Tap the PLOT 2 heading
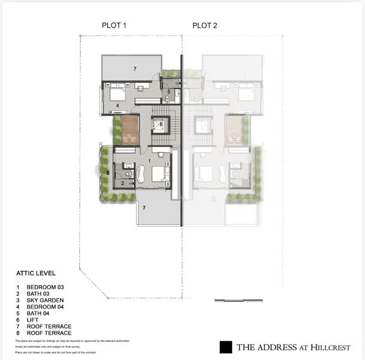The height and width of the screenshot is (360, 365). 205,25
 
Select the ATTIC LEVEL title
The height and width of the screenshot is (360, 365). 36,274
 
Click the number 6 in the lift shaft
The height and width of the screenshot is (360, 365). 161,124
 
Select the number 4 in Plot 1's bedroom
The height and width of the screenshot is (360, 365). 117,106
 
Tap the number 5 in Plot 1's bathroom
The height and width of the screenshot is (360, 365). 169,92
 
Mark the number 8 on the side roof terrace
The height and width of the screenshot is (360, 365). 108,173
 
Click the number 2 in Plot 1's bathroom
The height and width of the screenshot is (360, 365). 122,183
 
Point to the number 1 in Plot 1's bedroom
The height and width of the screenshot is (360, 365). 149,161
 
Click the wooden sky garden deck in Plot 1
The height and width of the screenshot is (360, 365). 130,130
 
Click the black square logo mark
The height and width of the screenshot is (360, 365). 226,347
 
